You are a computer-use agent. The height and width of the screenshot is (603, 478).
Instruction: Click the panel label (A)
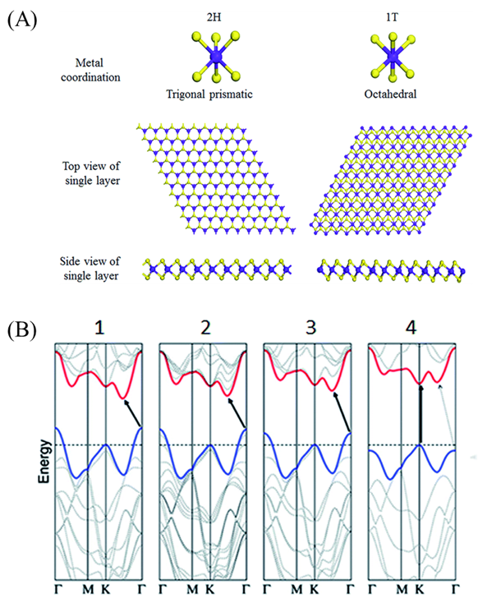coord(22,19)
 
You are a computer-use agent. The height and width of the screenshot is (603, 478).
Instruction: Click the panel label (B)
coord(22,329)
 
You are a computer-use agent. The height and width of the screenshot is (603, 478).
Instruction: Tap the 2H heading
coord(214,17)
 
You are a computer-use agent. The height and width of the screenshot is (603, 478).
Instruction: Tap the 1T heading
coord(392,17)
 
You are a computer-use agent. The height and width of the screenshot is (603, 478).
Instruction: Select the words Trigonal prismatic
coord(209,94)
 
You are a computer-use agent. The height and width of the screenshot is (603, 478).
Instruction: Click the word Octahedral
coord(390,94)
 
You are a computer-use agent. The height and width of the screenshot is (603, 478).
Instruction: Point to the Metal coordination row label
coord(90,70)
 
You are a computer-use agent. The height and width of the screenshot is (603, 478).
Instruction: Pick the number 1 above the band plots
coord(99,328)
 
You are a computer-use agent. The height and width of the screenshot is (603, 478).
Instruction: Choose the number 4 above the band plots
coord(411,328)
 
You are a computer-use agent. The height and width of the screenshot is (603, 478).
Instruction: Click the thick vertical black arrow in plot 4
coord(421,415)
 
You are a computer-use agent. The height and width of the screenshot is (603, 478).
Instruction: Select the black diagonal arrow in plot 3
coord(342,412)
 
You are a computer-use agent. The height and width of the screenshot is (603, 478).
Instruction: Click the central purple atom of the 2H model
coord(216,58)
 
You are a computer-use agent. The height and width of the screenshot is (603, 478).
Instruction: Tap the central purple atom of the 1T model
coord(393,58)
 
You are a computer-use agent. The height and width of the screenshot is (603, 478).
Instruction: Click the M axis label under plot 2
coord(192,589)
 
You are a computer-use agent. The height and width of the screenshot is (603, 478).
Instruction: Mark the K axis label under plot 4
coord(419,589)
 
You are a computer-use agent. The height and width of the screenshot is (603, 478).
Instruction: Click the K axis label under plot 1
coord(105,589)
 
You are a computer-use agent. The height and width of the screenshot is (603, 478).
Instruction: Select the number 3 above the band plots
coord(310,328)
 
